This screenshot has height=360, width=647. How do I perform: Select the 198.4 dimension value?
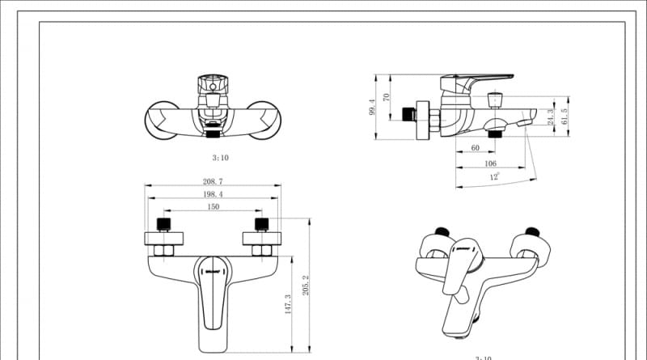[x=212, y=195]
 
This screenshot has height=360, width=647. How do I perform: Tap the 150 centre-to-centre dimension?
[x=212, y=207]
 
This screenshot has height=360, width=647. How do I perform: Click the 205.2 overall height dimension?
[x=306, y=285]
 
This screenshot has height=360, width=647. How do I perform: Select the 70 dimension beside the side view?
[x=387, y=97]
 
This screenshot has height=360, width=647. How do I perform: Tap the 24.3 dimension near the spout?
[x=551, y=117]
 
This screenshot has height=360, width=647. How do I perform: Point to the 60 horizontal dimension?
[x=475, y=148]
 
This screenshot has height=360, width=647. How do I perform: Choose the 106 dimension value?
[x=490, y=163]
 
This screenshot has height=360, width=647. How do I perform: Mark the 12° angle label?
[x=493, y=176]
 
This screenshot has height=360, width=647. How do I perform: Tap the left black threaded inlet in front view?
[x=164, y=223]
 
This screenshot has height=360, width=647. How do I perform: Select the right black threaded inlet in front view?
[x=260, y=223]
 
